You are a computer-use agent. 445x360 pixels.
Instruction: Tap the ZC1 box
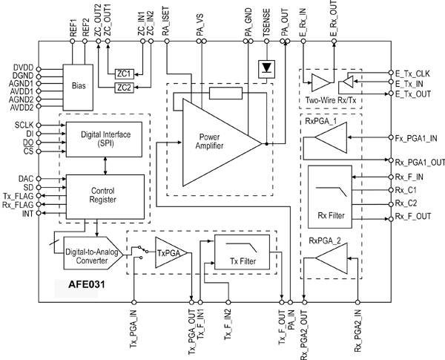pyautogui.click(x=124, y=74)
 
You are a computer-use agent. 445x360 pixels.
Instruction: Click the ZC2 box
pyautogui.click(x=124, y=88)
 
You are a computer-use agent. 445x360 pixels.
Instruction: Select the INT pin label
pyautogui.click(x=27, y=214)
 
